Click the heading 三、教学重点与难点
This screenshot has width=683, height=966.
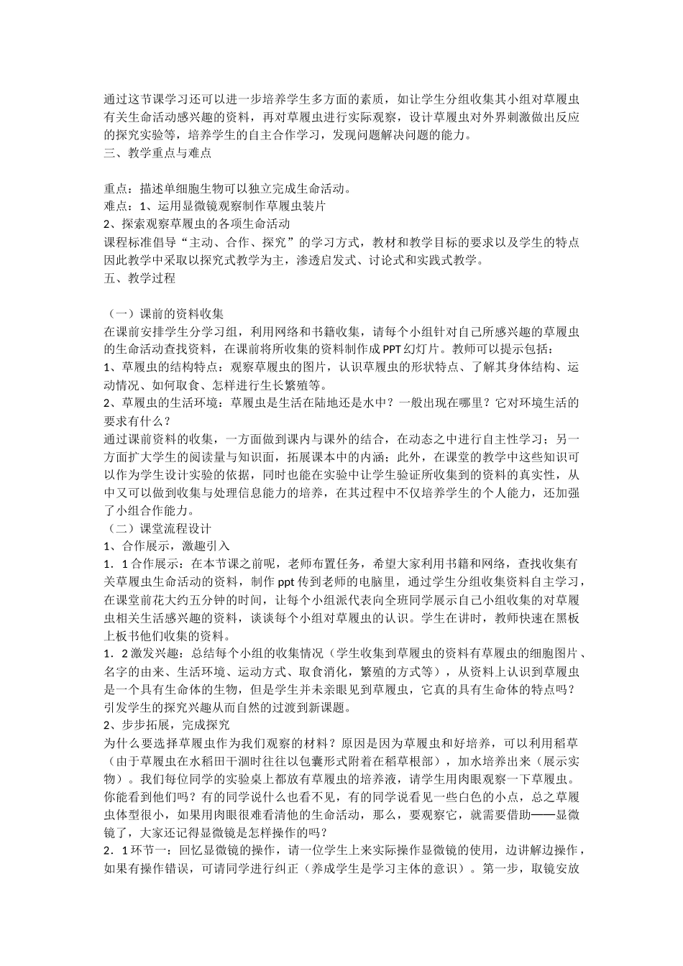pyautogui.click(x=157, y=153)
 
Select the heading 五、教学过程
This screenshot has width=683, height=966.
pyautogui.click(x=139, y=277)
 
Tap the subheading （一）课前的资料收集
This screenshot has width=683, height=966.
pyautogui.click(x=164, y=314)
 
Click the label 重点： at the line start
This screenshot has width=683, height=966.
pyautogui.click(x=118, y=189)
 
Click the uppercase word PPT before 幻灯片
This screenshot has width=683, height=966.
pyautogui.click(x=393, y=350)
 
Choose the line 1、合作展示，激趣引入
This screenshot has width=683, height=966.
pyautogui.click(x=167, y=546)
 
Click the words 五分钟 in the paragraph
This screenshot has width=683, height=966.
pyautogui.click(x=224, y=599)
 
